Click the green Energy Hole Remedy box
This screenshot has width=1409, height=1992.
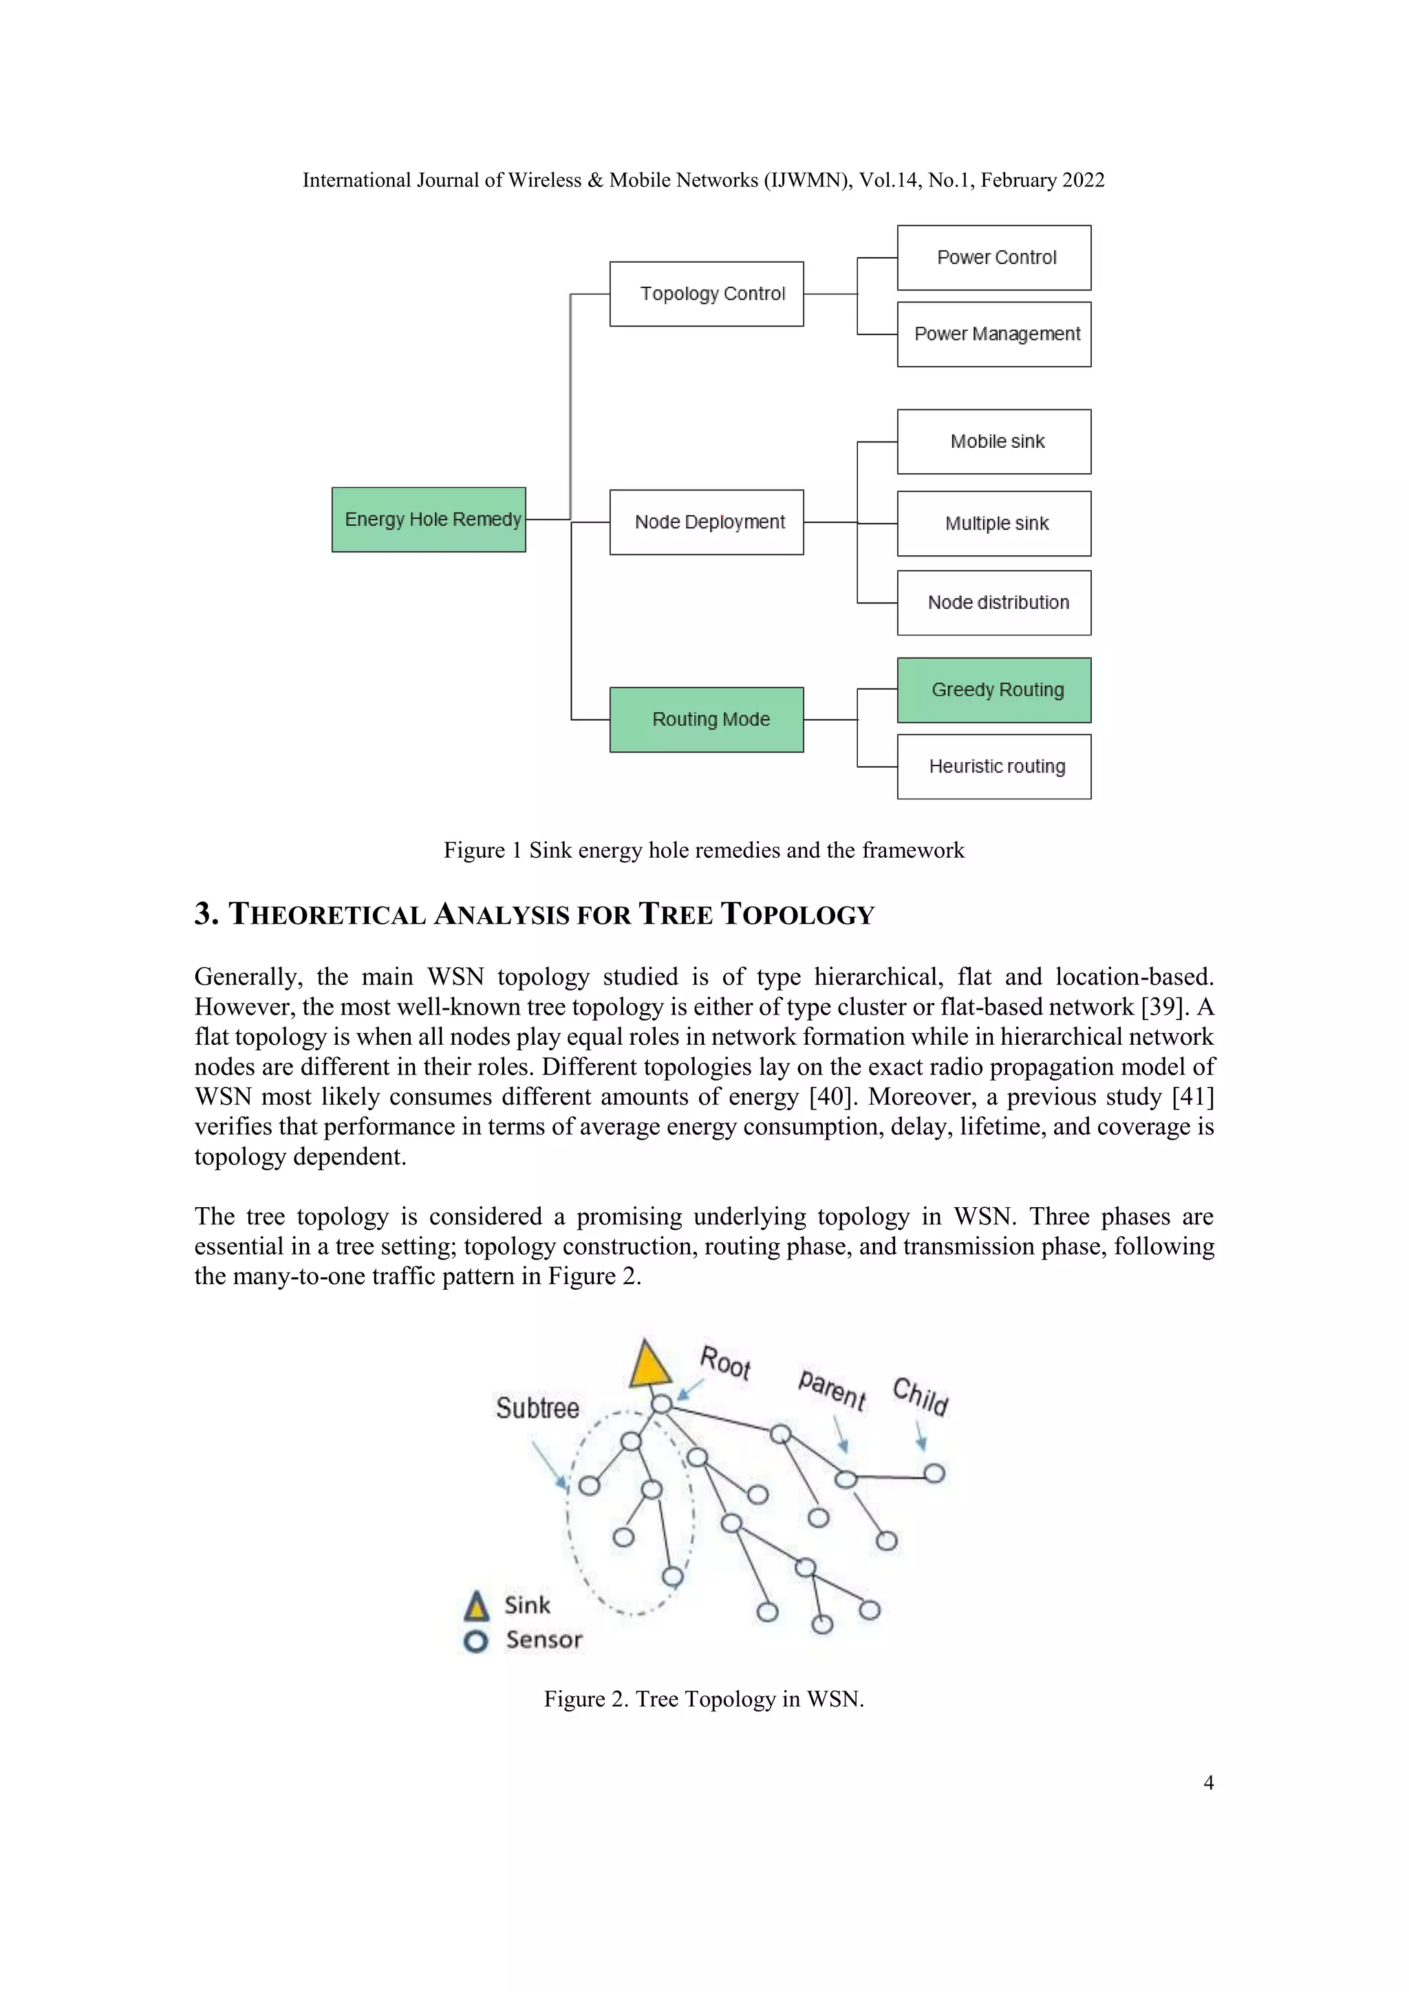click(x=429, y=520)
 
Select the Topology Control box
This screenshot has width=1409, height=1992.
click(x=707, y=294)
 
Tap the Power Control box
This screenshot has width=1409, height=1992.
click(x=994, y=258)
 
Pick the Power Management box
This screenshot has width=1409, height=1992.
click(x=994, y=334)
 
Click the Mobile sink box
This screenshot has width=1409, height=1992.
click(x=994, y=442)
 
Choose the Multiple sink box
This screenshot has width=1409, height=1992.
click(x=994, y=523)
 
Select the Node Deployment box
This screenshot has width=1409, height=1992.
click(x=707, y=522)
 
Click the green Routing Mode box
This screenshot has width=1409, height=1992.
click(x=707, y=719)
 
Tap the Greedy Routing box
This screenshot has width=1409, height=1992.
click(x=994, y=690)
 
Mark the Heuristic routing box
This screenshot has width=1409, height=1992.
click(x=994, y=766)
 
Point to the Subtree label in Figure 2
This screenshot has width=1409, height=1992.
click(x=537, y=1408)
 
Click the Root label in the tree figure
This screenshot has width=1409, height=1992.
click(x=725, y=1363)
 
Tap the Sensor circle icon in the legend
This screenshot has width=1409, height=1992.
click(x=475, y=1641)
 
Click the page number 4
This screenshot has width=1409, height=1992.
click(x=1207, y=1783)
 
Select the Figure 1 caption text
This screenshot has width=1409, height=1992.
click(x=704, y=850)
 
